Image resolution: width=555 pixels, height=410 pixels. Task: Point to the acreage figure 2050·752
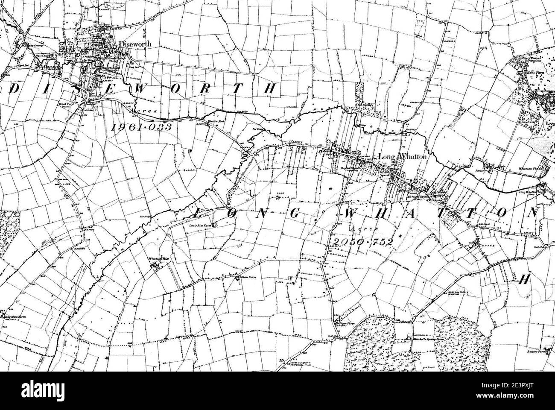click(361, 242)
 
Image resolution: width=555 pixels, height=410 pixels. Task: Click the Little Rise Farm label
click(201, 224)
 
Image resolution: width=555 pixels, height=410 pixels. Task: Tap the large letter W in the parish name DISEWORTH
click(143, 88)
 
